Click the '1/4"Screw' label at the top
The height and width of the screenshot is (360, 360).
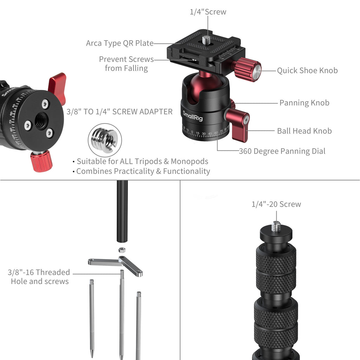coord(208,12)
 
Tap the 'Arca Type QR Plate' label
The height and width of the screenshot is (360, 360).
coord(120,43)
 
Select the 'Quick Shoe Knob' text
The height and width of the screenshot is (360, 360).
coord(307,70)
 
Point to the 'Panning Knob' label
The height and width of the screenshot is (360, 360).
coord(304,103)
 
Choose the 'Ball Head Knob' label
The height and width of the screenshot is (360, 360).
coord(304,131)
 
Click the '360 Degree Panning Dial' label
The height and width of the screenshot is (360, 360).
coord(282,151)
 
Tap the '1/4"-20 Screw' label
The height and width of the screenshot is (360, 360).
coord(276,204)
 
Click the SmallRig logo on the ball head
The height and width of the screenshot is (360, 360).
coord(193,116)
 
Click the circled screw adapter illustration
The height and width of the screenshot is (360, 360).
coord(105,140)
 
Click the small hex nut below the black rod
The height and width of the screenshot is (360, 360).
coord(122,250)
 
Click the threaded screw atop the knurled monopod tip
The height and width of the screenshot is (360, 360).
coord(276,226)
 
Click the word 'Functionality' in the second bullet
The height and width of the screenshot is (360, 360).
coord(186,171)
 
